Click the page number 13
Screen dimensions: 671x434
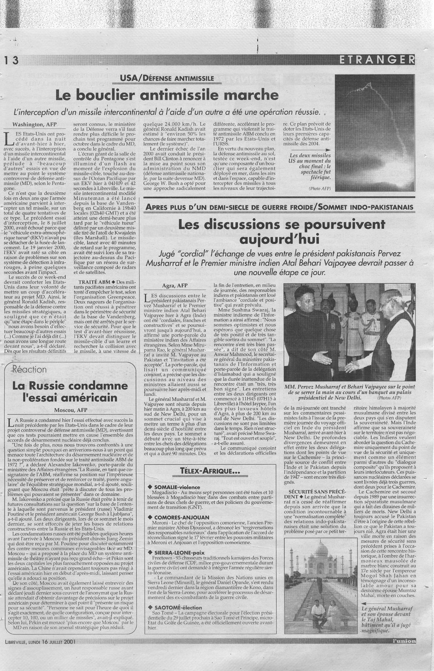(x=10, y=60)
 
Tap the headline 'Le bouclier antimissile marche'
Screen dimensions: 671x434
(x=167, y=94)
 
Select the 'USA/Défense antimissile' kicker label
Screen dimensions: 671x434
(x=167, y=78)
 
